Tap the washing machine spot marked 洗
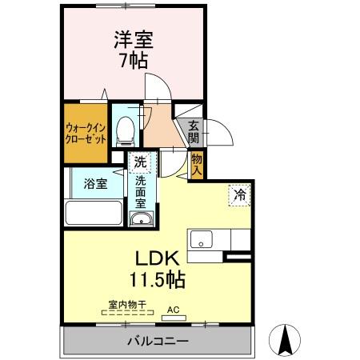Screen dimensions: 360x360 pyautogui.click(x=140, y=162)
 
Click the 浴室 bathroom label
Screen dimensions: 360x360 pyautogui.click(x=95, y=184)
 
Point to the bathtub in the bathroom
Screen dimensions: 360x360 pyautogui.click(x=93, y=214)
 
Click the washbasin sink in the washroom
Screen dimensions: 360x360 pyautogui.click(x=140, y=219)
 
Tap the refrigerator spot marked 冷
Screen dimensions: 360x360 pyautogui.click(x=238, y=194)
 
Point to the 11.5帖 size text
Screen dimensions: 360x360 pyautogui.click(x=158, y=281)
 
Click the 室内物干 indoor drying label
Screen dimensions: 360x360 pyautogui.click(x=126, y=304)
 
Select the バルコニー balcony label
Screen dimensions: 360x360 pyautogui.click(x=157, y=342)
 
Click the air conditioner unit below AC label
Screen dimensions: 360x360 pyautogui.click(x=173, y=318)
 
